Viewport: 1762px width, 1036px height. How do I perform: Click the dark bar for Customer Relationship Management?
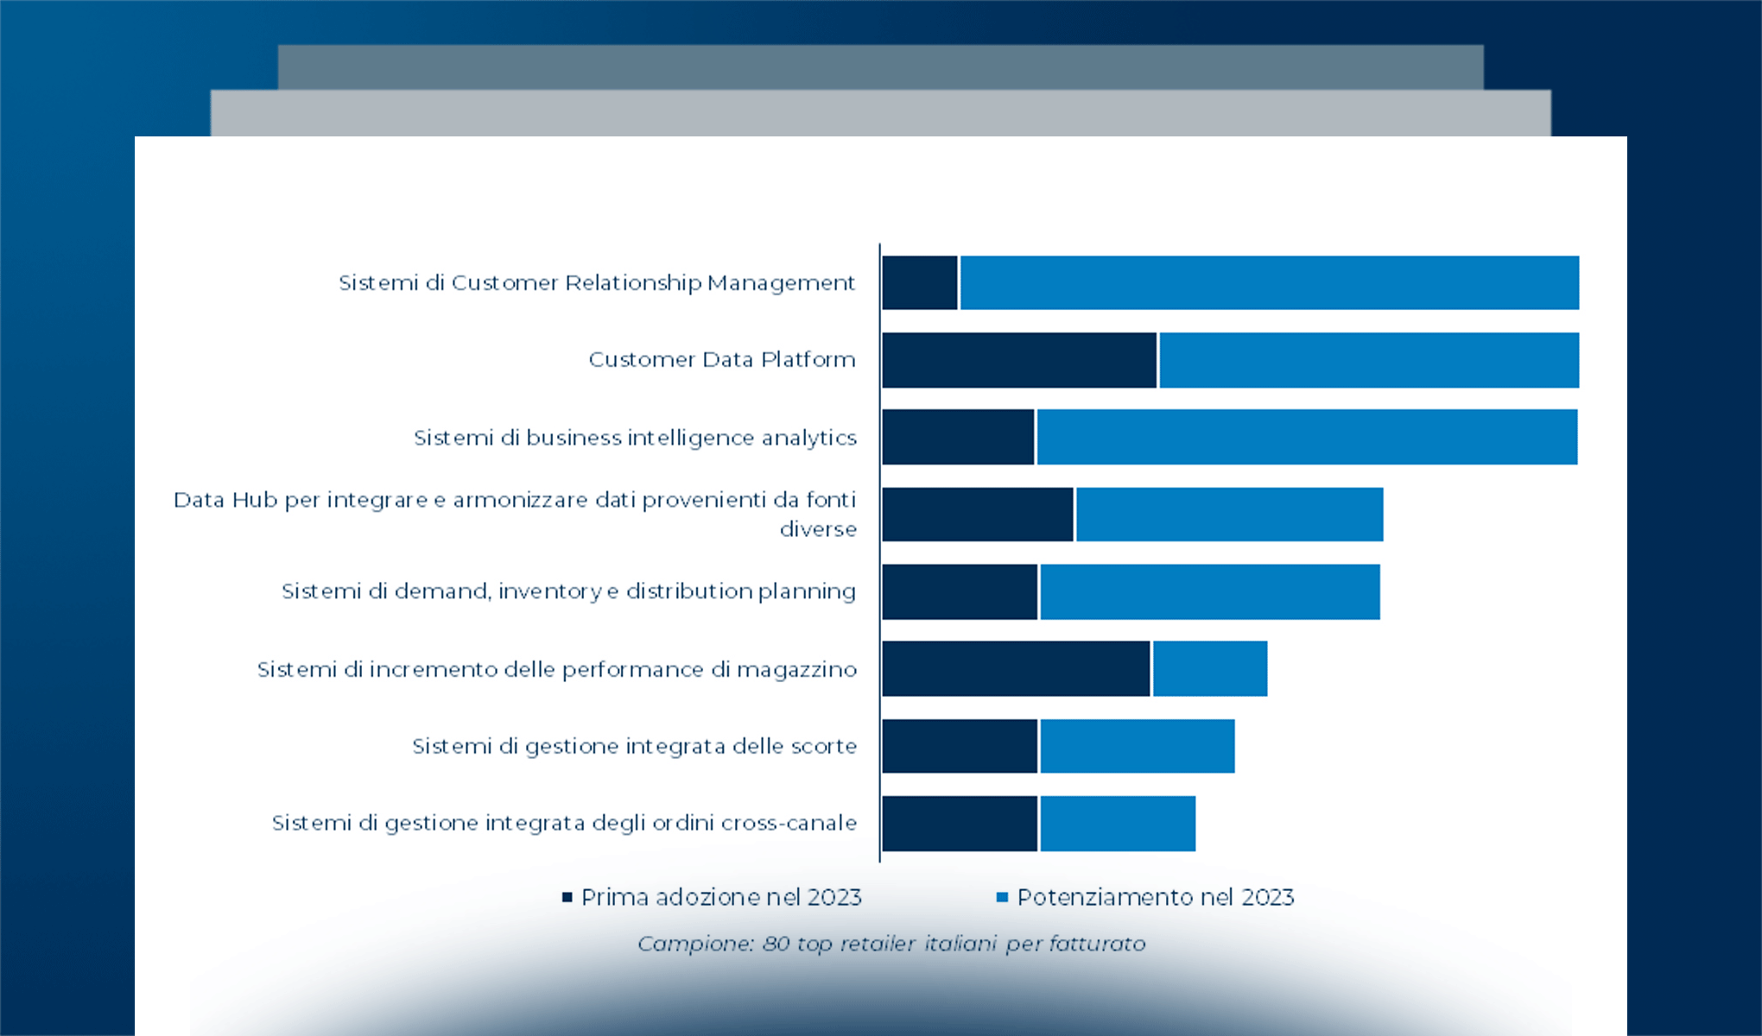point(920,282)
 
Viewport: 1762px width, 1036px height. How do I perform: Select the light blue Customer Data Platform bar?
point(1369,360)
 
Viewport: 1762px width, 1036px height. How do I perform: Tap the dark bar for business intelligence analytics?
point(958,437)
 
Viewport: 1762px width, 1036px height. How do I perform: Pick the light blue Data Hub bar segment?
point(1229,515)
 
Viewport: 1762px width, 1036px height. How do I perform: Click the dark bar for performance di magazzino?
point(1016,668)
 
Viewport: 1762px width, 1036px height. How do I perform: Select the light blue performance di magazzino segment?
point(1210,668)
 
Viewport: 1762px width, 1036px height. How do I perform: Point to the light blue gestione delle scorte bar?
point(1137,746)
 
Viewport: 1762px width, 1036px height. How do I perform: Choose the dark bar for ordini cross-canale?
point(960,824)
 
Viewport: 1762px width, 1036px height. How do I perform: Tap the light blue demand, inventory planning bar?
point(1209,591)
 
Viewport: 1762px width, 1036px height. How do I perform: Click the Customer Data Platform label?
point(722,359)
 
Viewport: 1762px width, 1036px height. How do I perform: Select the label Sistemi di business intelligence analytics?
point(635,438)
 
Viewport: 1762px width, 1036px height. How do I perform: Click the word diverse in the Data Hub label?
point(818,529)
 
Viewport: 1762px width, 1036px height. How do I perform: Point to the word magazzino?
point(796,670)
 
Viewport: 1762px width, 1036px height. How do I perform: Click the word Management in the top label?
point(781,283)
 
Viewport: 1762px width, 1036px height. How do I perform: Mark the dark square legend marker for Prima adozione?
point(567,897)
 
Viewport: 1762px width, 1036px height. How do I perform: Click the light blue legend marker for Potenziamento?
point(1002,897)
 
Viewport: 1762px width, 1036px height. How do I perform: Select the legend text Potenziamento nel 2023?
point(1156,897)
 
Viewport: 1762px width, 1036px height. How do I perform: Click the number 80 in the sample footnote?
point(776,944)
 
